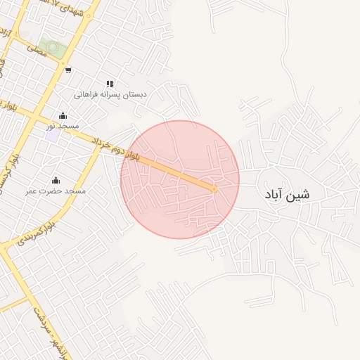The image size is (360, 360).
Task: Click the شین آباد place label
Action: tap(286, 193)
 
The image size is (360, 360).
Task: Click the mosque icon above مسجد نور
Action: tap(63, 116)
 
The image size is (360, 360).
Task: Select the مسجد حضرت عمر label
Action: tap(56, 191)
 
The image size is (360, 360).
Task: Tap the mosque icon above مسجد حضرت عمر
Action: tap(56, 181)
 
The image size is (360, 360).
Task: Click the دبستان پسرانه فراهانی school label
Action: tap(110, 94)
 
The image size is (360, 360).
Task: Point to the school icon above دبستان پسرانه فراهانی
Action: tap(110, 84)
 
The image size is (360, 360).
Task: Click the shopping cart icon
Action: tap(67, 70)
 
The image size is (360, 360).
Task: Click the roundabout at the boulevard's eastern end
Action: tap(214, 188)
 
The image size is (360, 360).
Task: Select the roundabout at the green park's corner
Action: tap(64, 59)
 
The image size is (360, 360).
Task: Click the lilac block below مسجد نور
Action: tap(53, 135)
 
